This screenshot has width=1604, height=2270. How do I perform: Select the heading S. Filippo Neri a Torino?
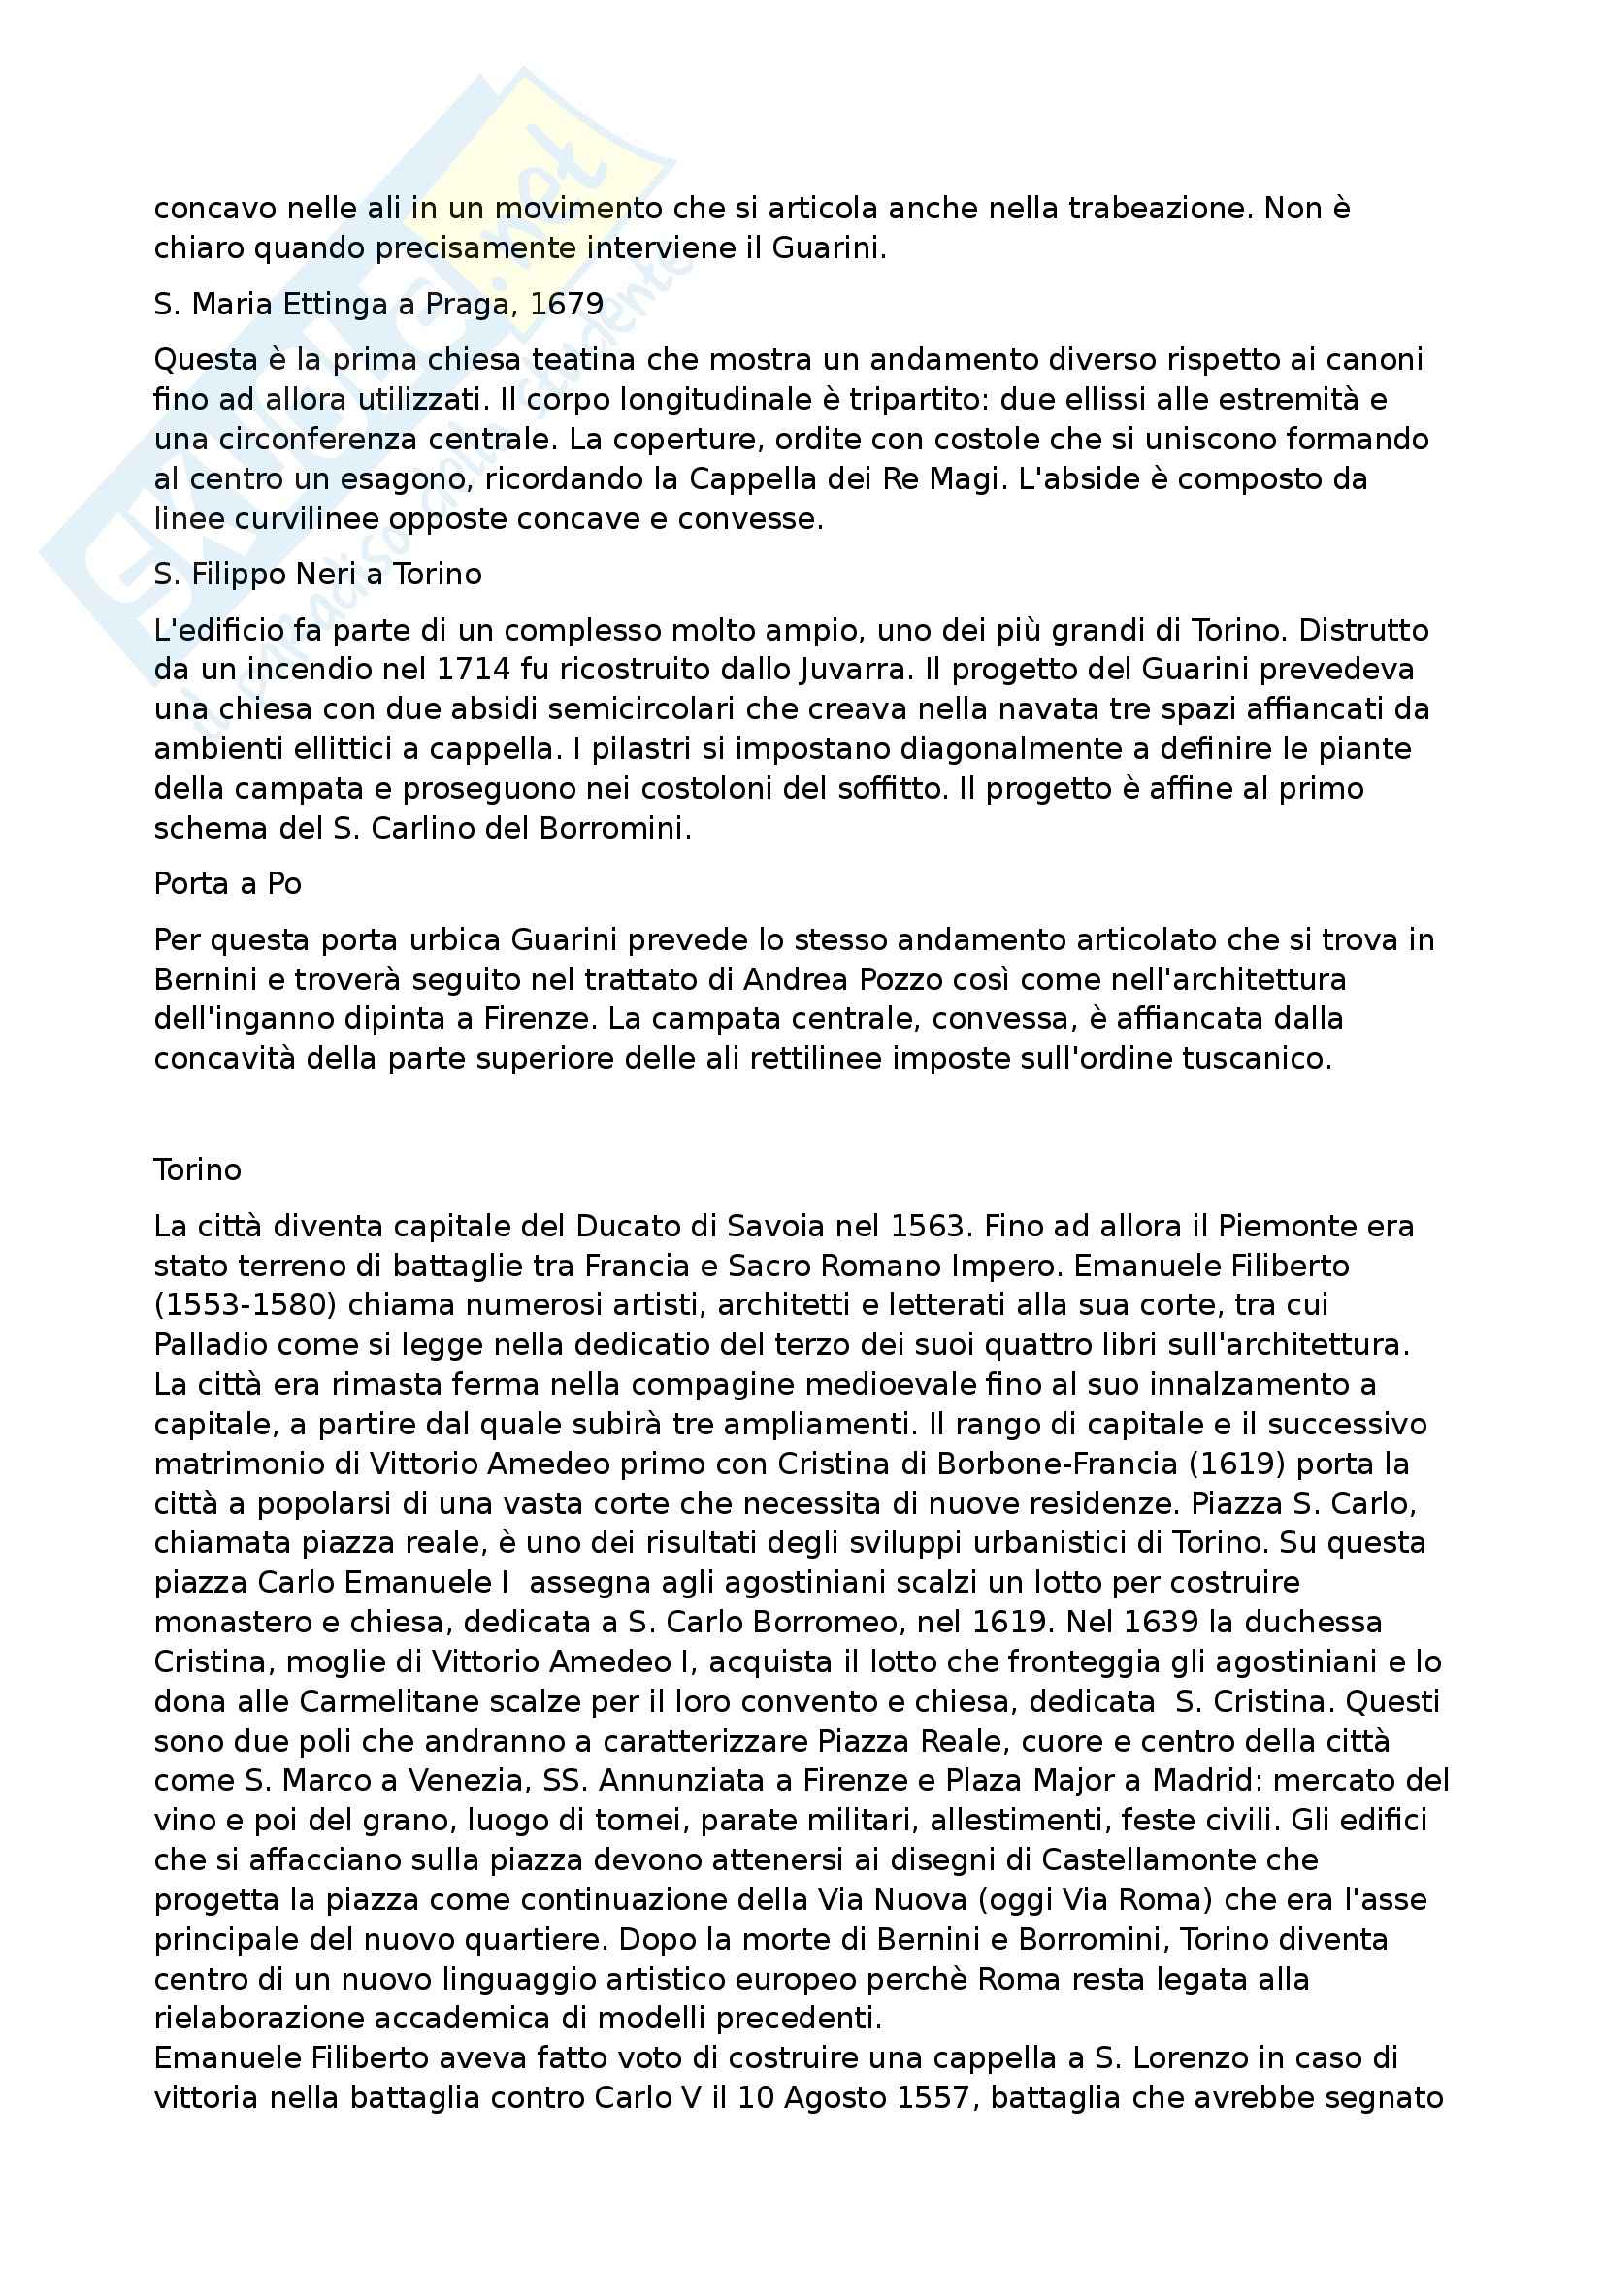coord(317,575)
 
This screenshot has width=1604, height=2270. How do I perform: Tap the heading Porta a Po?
coord(227,883)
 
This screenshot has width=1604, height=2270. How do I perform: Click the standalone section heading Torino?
coord(198,1169)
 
